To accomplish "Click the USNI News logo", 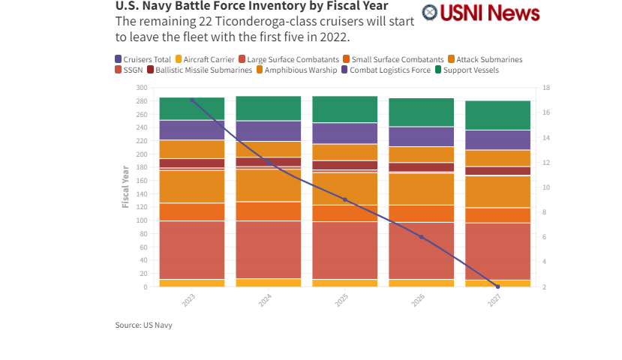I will coord(480,13).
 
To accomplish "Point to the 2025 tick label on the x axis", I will coord(341,299).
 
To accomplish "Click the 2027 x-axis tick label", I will coord(494,299).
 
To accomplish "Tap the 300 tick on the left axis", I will coord(141,88).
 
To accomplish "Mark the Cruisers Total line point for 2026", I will coord(421,237).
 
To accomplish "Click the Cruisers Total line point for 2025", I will coord(344,199).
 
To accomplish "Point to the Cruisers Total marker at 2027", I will coord(497,286).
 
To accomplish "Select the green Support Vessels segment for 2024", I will coord(268,108).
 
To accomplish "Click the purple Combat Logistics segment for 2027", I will coord(497,139).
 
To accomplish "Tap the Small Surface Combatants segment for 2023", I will coord(191,211).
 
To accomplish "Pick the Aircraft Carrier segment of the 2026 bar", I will coord(421,283).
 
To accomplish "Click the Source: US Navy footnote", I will coord(149,325).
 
